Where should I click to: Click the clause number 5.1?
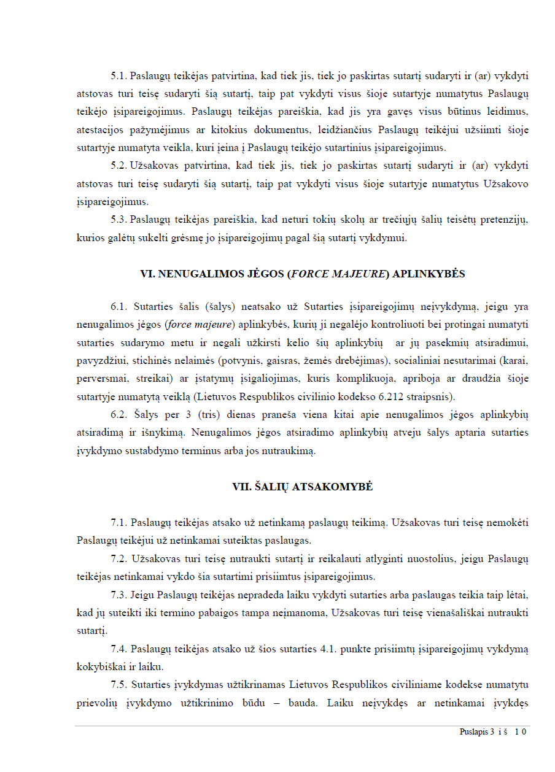(118, 77)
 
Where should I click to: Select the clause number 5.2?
(118, 166)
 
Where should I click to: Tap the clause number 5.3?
(118, 219)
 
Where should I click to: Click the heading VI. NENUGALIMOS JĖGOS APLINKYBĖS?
(303, 274)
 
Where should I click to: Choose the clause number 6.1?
(118, 307)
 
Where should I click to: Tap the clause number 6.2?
(118, 415)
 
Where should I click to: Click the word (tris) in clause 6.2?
(179, 415)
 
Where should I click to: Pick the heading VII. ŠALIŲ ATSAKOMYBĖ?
(303, 487)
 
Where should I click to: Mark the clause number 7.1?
(118, 523)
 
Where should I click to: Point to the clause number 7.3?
(118, 595)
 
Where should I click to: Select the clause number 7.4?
(118, 649)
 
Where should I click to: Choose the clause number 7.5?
(118, 684)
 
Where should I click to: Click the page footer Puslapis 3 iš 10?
(493, 731)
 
